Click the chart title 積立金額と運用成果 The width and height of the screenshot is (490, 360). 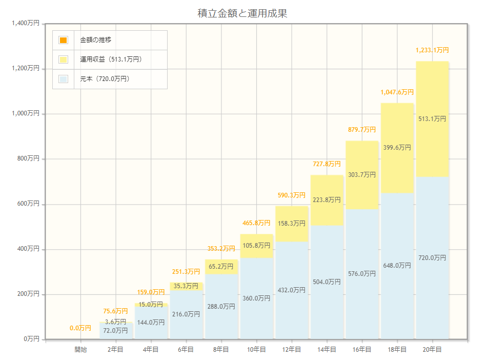[242, 13]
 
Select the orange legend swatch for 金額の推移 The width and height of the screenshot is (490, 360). [63, 40]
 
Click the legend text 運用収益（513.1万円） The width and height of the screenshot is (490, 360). [111, 59]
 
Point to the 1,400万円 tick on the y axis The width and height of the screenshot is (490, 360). [26, 23]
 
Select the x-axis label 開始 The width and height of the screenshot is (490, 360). [80, 349]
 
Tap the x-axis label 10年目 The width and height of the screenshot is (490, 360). [256, 349]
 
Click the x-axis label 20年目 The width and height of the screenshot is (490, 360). [432, 349]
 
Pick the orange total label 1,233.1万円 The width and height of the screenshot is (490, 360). [432, 50]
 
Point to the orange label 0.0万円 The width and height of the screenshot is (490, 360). [80, 328]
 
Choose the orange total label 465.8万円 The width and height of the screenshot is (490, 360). [256, 223]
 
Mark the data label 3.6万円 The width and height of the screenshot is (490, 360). [116, 322]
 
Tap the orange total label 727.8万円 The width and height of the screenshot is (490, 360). [326, 164]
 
